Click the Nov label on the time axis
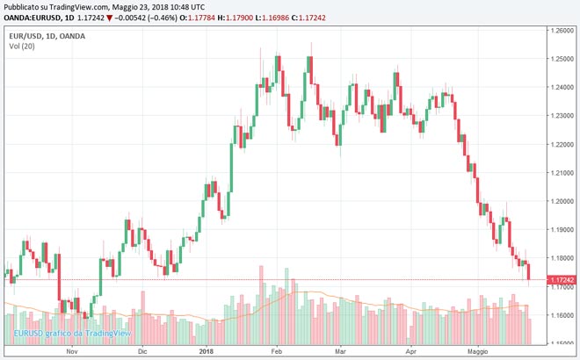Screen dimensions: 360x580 (x=73, y=351)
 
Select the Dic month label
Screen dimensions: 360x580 (x=142, y=351)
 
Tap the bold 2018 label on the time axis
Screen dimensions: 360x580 (x=207, y=351)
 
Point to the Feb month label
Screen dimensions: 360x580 (x=276, y=351)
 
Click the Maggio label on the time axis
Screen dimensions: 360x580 (x=477, y=351)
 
